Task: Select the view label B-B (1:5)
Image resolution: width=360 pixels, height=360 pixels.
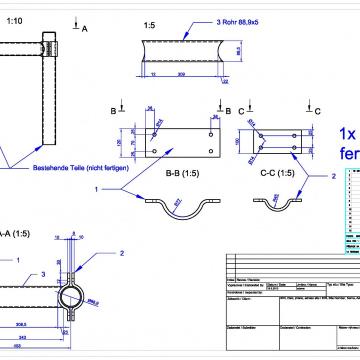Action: (x=180, y=172)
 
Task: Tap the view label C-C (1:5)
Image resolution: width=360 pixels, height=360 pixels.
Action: (x=277, y=172)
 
